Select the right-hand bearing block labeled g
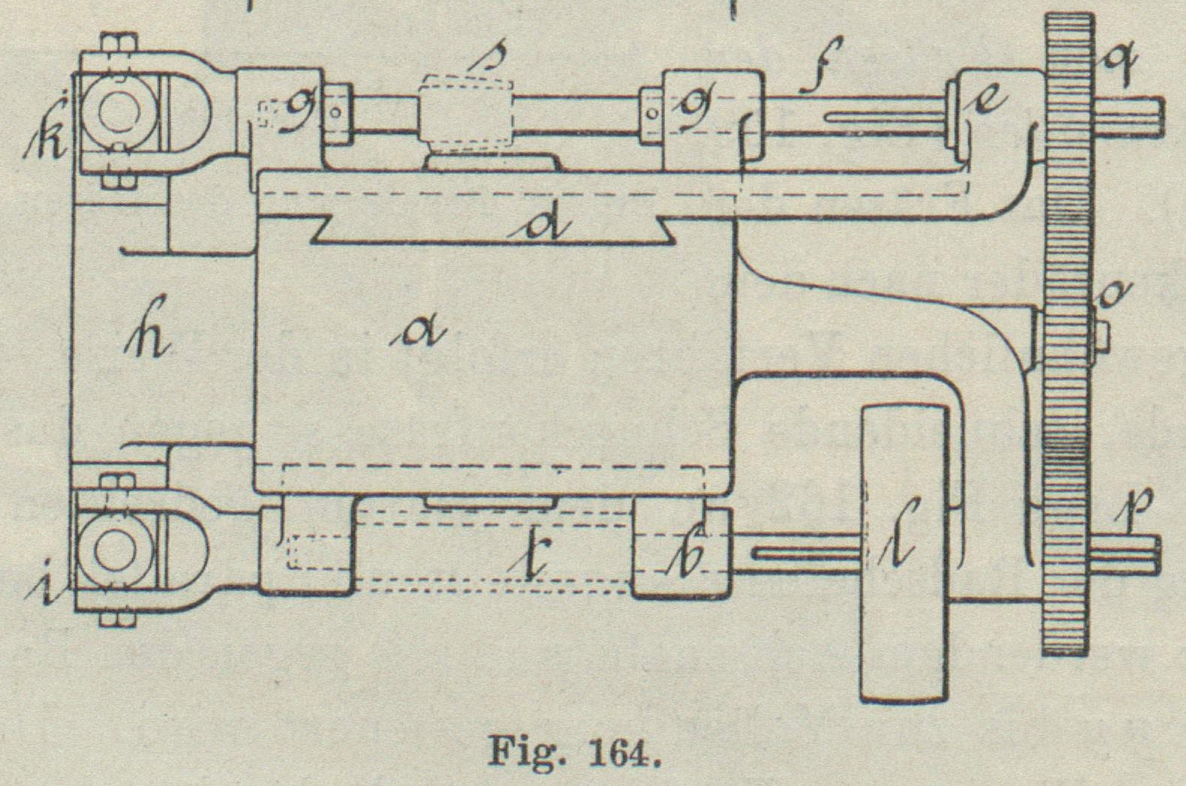(x=709, y=113)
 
